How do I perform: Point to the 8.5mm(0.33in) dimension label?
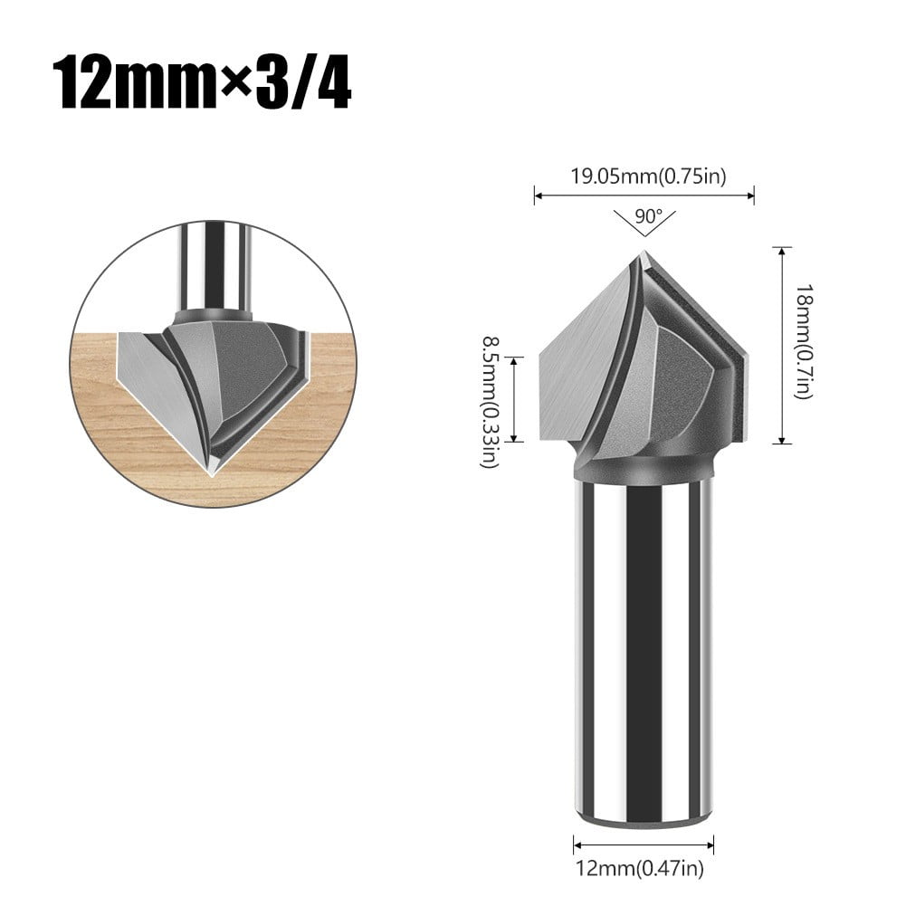click(490, 398)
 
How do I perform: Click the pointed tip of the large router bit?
click(643, 255)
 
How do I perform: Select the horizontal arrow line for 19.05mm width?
click(644, 193)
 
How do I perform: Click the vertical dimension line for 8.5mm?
click(514, 398)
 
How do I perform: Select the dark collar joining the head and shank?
click(643, 469)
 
